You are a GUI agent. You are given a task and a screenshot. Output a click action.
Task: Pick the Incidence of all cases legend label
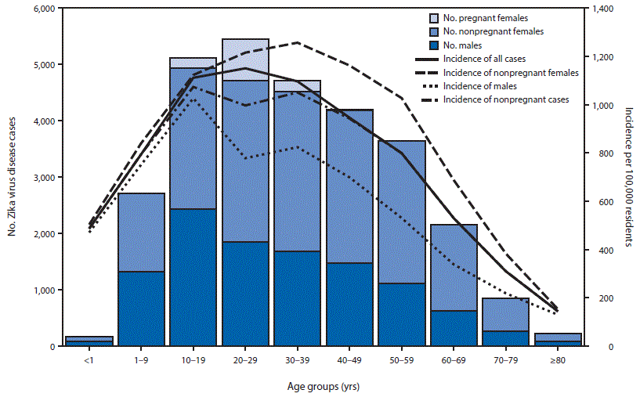[x=484, y=59]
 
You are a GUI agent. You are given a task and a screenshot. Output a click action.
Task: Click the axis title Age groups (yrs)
[x=322, y=386]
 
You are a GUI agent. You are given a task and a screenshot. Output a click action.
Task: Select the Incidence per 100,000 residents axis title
[x=628, y=177]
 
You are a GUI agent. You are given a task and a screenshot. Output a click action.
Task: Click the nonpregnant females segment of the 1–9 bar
[x=142, y=232]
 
